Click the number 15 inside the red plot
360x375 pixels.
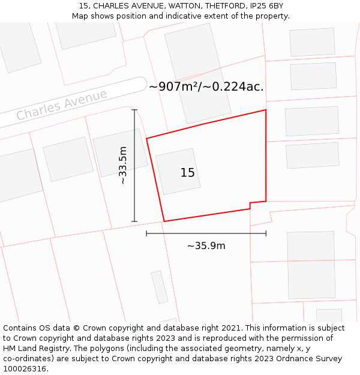[187, 173]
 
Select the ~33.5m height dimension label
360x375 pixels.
[123, 165]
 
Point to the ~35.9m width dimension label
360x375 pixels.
[206, 246]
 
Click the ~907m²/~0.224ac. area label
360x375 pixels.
[206, 86]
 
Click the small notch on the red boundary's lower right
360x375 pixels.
[251, 206]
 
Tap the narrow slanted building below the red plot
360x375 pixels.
[160, 287]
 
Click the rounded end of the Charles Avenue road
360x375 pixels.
[141, 84]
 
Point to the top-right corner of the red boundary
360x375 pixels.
[266, 110]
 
